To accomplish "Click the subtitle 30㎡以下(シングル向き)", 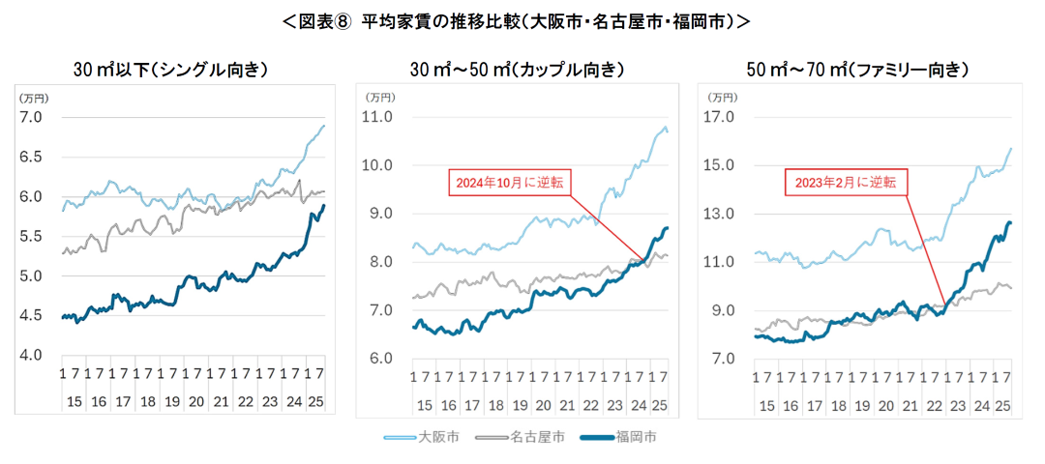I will point(170,70).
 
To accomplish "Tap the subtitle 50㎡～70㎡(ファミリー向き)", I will point(857,70).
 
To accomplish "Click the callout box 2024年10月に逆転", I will point(506,182).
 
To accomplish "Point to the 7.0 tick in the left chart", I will point(33,117).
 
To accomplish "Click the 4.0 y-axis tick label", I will point(33,356).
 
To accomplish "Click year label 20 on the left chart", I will point(195,400).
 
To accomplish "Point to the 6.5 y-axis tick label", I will point(33,157).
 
